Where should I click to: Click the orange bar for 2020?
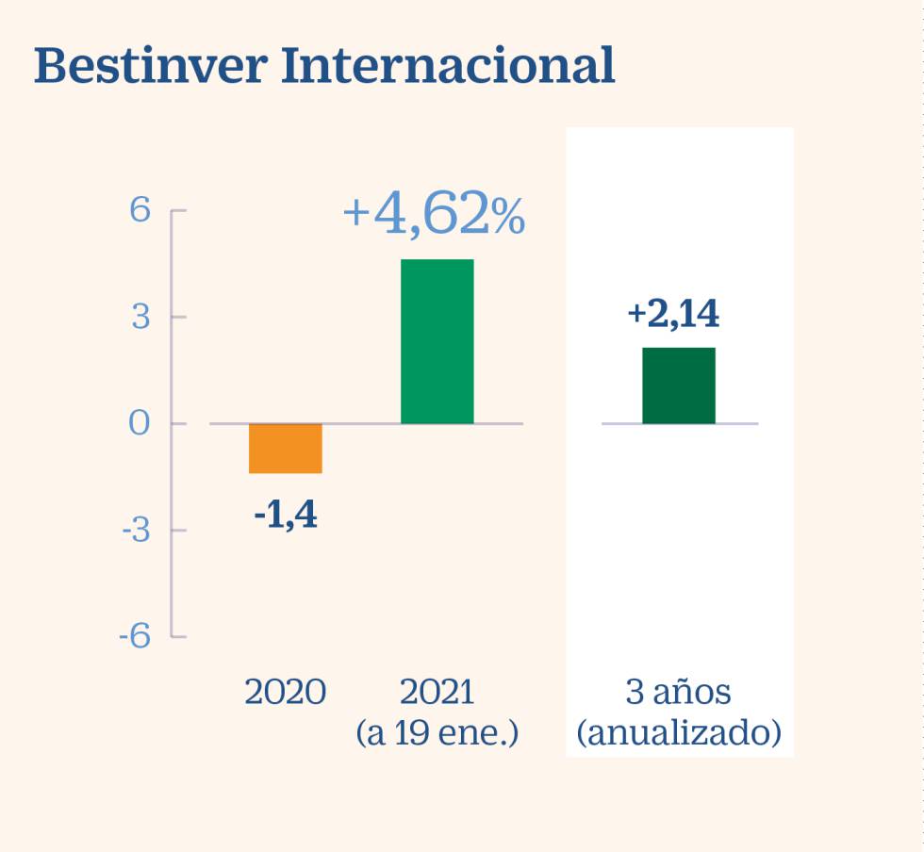pyautogui.click(x=286, y=448)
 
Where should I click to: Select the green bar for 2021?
pyautogui.click(x=437, y=341)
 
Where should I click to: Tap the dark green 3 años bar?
pyautogui.click(x=679, y=385)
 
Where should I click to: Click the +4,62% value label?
pyautogui.click(x=434, y=215)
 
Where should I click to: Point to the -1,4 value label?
pyautogui.click(x=286, y=516)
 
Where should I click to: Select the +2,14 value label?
pyautogui.click(x=673, y=315)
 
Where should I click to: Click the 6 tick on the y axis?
pyautogui.click(x=140, y=210)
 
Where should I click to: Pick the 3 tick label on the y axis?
pyautogui.click(x=140, y=317)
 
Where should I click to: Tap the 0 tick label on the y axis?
pyautogui.click(x=140, y=423)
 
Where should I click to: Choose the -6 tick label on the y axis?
pyautogui.click(x=135, y=636)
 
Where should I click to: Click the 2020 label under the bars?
pyautogui.click(x=286, y=693)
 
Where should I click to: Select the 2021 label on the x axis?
pyautogui.click(x=437, y=693)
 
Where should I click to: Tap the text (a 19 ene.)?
pyautogui.click(x=437, y=732)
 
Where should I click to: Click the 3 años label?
pyautogui.click(x=679, y=693)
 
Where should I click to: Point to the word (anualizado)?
pyautogui.click(x=679, y=732)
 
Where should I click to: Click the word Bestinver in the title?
pyautogui.click(x=150, y=67)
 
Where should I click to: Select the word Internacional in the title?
pyautogui.click(x=449, y=67)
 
